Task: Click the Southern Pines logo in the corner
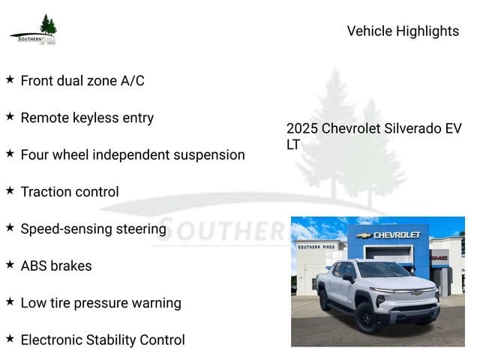(33, 30)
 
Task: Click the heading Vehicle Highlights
(403, 31)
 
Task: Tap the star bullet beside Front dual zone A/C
(10, 79)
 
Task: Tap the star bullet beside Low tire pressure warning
(10, 301)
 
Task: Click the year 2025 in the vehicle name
(302, 128)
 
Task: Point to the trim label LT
(293, 145)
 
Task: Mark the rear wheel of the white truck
(324, 299)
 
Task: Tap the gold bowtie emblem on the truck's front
(416, 293)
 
